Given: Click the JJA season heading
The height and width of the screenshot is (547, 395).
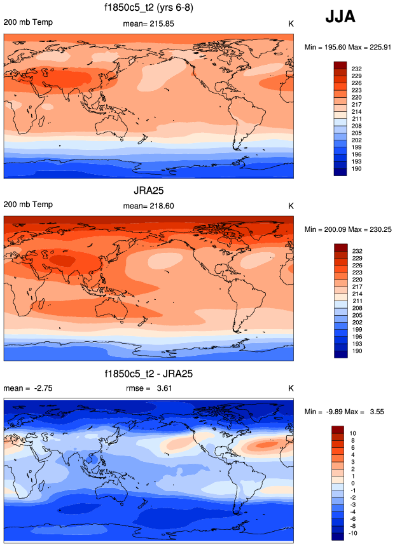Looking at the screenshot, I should click(x=340, y=17).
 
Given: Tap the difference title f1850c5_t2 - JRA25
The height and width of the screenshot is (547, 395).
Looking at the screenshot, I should click(x=148, y=374).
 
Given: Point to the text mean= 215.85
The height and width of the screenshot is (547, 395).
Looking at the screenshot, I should click(x=148, y=24).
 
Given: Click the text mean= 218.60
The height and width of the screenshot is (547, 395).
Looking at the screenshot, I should click(x=148, y=206).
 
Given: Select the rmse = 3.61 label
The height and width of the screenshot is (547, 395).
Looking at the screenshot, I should click(x=148, y=388).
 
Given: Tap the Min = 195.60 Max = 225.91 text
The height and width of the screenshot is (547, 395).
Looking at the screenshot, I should click(x=345, y=47).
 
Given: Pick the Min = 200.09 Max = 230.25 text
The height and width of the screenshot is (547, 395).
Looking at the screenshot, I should click(x=345, y=229).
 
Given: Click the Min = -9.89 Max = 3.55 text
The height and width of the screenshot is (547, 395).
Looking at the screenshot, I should click(x=345, y=412).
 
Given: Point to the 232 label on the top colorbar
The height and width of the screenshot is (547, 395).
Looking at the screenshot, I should click(x=356, y=67).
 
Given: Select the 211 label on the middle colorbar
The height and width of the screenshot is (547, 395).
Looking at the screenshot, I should click(x=356, y=302).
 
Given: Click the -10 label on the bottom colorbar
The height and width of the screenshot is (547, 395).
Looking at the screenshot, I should click(x=355, y=535).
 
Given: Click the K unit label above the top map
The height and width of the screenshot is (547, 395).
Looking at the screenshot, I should click(x=291, y=24).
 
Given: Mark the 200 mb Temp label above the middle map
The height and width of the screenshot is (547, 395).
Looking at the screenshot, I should click(x=28, y=205).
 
